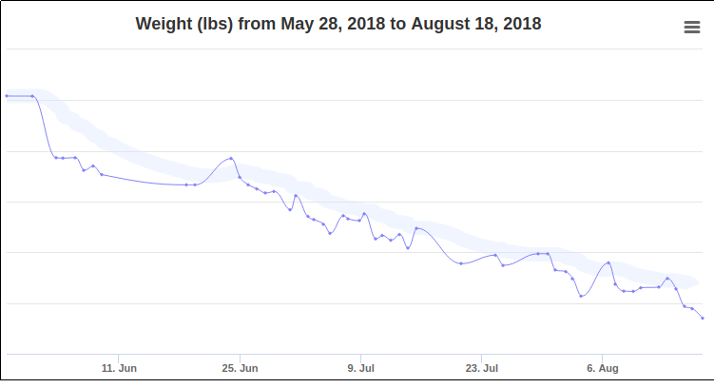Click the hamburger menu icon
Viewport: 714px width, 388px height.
tap(692, 28)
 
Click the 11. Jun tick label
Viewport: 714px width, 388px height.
tap(120, 367)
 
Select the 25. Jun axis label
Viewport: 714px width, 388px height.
tap(241, 367)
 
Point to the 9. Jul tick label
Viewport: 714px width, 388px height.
tap(361, 367)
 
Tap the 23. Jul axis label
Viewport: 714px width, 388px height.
tap(482, 367)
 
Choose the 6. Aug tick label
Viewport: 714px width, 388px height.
tap(603, 367)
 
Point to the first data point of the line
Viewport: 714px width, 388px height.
tap(7, 95)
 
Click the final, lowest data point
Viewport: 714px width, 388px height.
tap(703, 318)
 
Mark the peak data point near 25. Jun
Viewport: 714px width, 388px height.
tap(231, 158)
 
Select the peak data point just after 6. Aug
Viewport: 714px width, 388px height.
tap(608, 262)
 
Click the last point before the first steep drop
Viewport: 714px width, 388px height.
tap(33, 95)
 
